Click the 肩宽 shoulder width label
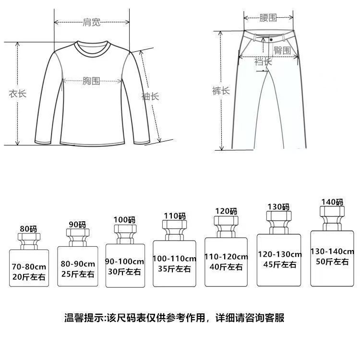coord(91,22)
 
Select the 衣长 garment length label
coord(17,94)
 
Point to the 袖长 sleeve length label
coord(150,96)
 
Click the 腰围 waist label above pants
coord(268,18)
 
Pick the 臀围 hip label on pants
coord(282,50)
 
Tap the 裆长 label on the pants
coord(263,61)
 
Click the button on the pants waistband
coord(271,39)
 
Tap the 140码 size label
coord(332,203)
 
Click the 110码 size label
coord(175,216)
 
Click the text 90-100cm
coord(125,262)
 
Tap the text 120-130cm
coord(279,254)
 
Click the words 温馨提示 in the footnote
coord(84,318)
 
